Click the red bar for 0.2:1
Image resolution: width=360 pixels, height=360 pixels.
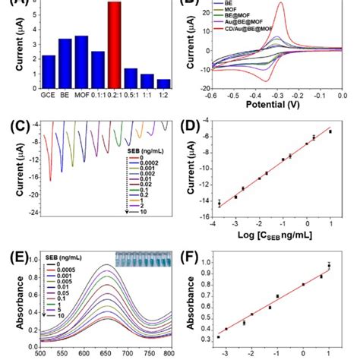click(114, 46)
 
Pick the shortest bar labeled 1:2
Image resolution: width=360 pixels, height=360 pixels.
click(164, 84)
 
